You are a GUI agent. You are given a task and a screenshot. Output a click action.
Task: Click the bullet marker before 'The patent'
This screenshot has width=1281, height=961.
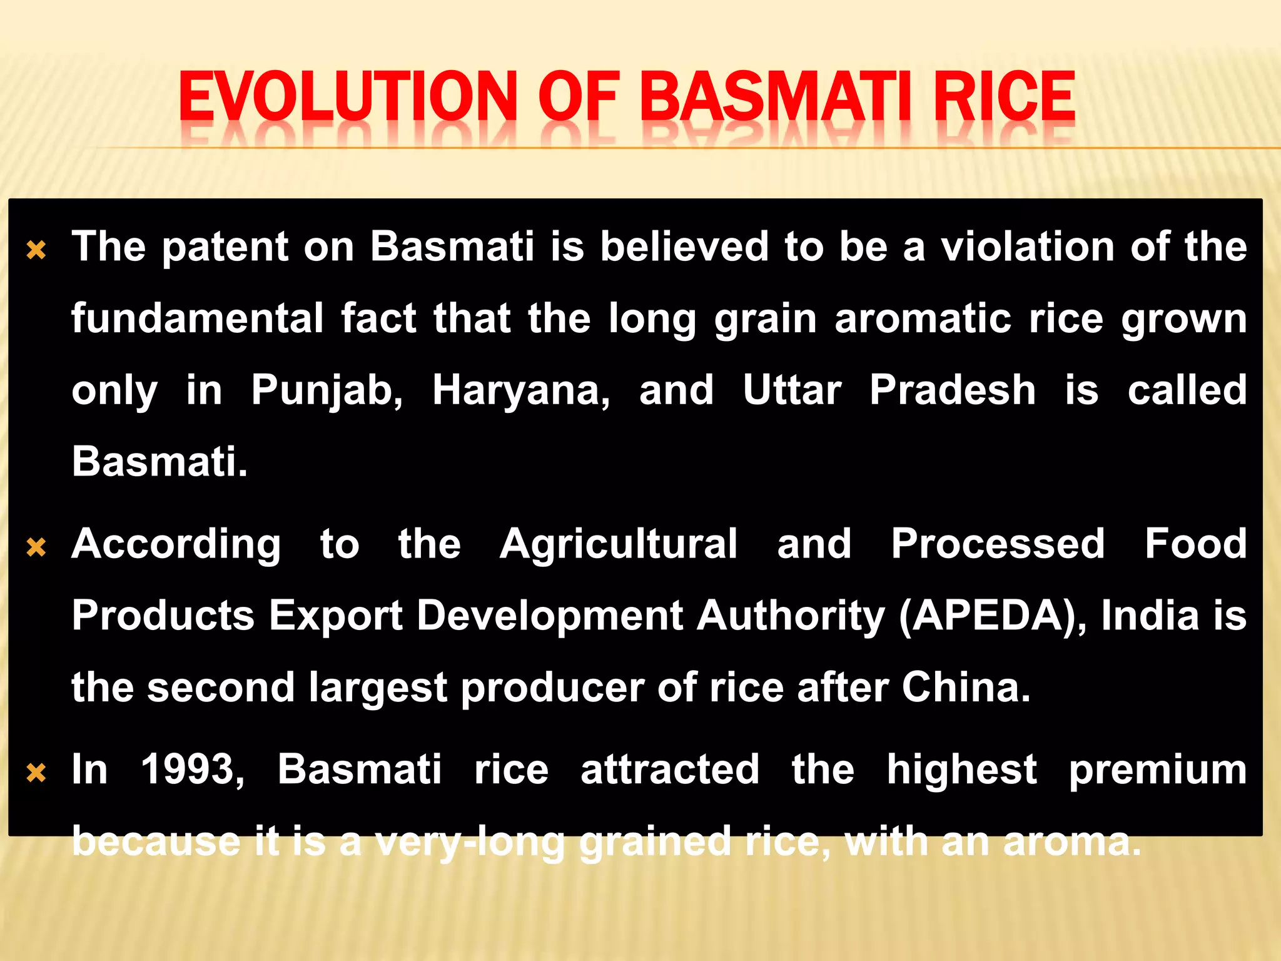coord(37,250)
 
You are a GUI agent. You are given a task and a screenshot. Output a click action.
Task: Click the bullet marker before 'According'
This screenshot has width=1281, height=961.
coord(37,547)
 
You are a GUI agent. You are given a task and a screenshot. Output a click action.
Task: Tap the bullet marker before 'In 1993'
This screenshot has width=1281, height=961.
coord(37,773)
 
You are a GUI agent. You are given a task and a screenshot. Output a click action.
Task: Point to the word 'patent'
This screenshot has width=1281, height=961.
coord(225,247)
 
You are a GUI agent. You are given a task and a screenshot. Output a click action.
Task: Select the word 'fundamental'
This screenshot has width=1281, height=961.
coord(197,318)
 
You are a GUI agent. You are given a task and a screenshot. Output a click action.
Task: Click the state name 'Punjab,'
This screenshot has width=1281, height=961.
coord(327,391)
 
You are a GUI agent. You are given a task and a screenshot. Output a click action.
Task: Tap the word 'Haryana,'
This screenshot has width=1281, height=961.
coord(521,391)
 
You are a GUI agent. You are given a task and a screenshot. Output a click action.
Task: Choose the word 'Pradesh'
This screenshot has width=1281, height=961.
coord(953,390)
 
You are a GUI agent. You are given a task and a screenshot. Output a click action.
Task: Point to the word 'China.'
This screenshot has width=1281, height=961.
coord(966,687)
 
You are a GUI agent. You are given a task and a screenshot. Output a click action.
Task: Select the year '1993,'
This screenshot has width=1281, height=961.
coord(193,770)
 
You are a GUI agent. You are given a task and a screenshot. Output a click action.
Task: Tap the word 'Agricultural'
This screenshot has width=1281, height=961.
coord(619,544)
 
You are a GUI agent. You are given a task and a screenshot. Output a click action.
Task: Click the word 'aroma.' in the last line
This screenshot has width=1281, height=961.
coord(1072,842)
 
